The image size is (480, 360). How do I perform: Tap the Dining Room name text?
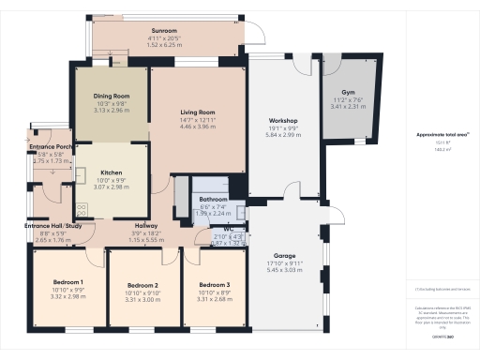[111, 96]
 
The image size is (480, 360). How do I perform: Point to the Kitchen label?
[112, 173]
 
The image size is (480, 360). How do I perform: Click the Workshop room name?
[283, 122]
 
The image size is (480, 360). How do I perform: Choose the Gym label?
[348, 94]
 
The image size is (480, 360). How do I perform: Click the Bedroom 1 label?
[68, 282]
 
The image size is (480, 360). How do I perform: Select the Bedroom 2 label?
[142, 285]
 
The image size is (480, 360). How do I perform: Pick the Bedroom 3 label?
[215, 285]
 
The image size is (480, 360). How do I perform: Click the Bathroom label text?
[215, 200]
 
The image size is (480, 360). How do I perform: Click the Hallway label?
[144, 226]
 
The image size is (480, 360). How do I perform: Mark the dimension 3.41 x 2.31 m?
[348, 108]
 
